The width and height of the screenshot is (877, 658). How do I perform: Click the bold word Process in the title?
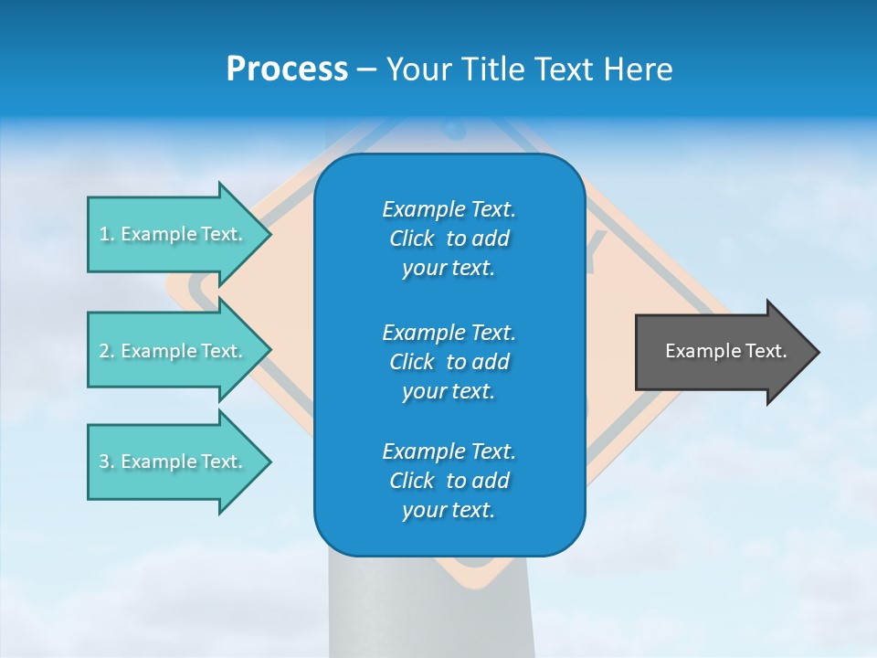[x=287, y=69]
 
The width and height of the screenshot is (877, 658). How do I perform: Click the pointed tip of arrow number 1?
[x=268, y=234]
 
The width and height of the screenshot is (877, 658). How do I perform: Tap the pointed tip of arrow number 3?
[x=268, y=462]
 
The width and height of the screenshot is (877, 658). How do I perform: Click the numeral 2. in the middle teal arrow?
[x=106, y=351]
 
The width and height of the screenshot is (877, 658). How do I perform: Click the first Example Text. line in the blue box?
[x=449, y=209]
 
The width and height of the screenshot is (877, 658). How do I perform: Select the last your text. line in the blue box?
[x=449, y=510]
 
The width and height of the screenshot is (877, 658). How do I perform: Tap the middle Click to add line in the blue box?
[x=449, y=362]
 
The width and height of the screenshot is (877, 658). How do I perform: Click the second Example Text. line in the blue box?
[x=449, y=332]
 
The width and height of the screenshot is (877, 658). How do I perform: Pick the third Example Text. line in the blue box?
[x=449, y=451]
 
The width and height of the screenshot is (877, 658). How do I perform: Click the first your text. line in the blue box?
[x=449, y=268]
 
